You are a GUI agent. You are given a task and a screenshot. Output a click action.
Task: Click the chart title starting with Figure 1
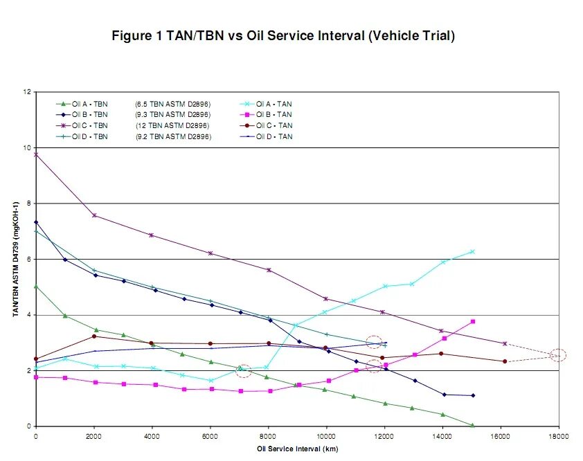(283, 36)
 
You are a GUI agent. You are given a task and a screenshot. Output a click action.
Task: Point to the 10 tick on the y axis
(28, 147)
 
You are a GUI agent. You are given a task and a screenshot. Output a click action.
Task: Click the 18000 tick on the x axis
(559, 437)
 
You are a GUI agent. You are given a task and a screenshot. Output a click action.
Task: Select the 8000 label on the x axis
(268, 437)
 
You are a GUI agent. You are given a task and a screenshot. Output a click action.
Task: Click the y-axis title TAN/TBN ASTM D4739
(15, 259)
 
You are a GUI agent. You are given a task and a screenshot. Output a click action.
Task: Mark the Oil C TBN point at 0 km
(36, 154)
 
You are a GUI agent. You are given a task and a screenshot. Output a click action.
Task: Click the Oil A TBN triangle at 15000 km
(472, 425)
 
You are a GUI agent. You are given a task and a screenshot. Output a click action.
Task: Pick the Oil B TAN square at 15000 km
(472, 321)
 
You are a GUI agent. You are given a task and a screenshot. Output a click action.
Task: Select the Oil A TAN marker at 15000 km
(472, 251)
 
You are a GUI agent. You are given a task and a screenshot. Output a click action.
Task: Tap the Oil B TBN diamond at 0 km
(36, 222)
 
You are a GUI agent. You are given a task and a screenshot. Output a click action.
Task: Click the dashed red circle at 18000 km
(558, 355)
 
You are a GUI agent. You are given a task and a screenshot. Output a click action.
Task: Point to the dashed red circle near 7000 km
(243, 371)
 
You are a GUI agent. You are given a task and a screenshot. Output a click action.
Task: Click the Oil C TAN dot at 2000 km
(94, 336)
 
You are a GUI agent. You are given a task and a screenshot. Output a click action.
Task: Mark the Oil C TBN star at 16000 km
(504, 343)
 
